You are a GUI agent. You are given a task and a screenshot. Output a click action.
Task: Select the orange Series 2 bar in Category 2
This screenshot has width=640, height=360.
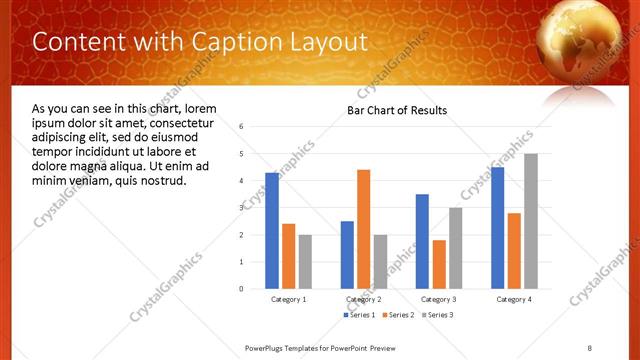(363, 229)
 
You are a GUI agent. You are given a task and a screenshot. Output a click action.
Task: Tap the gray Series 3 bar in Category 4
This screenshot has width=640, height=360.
(531, 221)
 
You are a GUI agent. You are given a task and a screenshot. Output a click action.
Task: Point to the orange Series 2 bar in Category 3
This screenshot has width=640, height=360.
(439, 264)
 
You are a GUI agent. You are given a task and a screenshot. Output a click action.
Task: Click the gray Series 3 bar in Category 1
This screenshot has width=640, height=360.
(305, 261)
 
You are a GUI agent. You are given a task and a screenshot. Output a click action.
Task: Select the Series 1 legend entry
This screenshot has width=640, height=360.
(359, 315)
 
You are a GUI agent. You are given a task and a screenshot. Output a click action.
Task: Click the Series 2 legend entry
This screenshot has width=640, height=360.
(397, 315)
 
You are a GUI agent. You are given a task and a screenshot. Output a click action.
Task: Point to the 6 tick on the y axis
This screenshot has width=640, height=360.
(242, 127)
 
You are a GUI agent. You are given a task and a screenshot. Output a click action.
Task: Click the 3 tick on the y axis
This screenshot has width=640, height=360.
(242, 208)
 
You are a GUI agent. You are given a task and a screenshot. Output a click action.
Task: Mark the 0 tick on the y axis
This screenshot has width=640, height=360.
(242, 289)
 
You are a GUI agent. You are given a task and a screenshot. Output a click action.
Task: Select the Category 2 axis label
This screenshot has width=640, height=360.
(364, 299)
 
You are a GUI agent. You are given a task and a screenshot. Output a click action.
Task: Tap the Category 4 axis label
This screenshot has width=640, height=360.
(514, 299)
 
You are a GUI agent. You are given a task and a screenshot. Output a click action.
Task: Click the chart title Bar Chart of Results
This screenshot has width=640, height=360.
(397, 110)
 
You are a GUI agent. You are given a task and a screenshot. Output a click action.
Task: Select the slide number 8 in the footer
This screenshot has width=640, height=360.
(589, 347)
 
